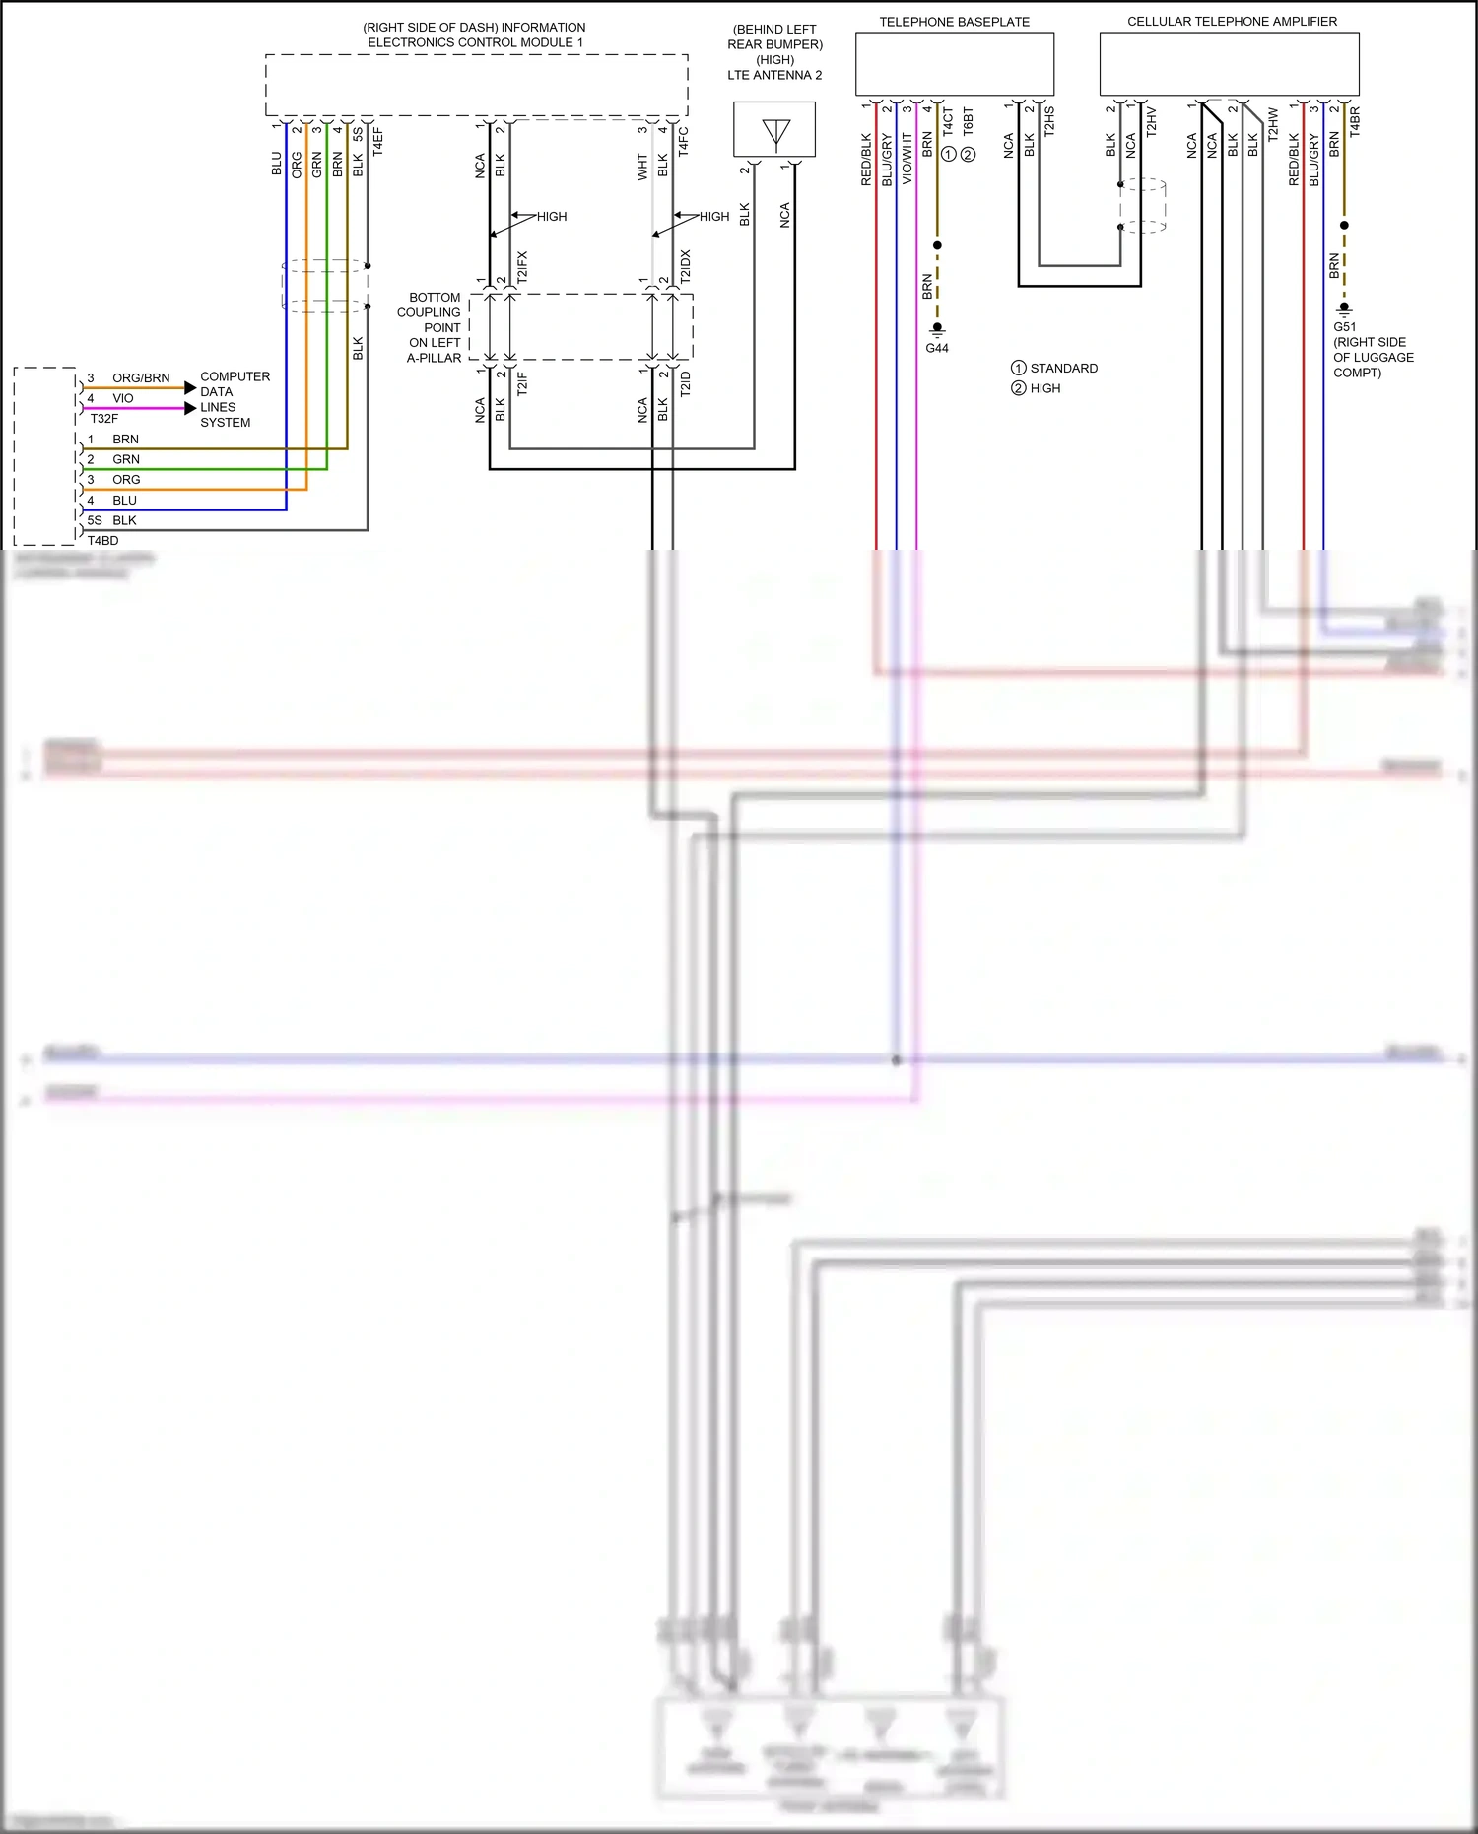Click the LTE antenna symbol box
tap(774, 129)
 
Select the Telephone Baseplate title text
tap(954, 22)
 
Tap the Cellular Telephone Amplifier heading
tap(1232, 21)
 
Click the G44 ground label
tap(937, 348)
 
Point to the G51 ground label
tap(1344, 327)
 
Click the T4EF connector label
tap(378, 141)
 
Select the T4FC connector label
tap(684, 141)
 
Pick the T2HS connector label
tap(1049, 121)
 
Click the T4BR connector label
tap(1355, 121)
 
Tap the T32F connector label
tap(104, 419)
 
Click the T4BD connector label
tap(102, 541)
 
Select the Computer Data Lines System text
tap(234, 399)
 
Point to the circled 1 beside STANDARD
tap(1019, 368)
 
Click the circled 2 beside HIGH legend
tap(1019, 388)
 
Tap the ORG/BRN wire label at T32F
tap(141, 378)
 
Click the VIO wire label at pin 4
tap(123, 399)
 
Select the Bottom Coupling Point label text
tap(434, 327)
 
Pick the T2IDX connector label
tap(686, 267)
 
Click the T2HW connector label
tap(1273, 124)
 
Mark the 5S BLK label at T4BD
tap(112, 520)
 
